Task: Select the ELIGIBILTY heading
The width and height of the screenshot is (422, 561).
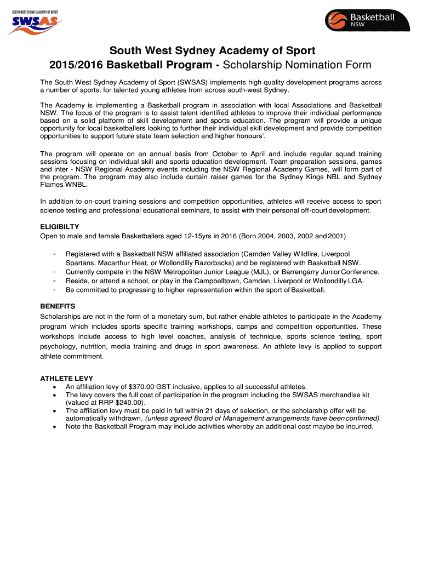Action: pos(60,226)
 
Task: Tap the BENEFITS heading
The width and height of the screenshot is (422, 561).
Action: pos(58,306)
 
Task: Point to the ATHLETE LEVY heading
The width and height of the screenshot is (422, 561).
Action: pos(67,378)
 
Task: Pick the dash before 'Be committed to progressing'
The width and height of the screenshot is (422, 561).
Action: pos(54,290)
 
